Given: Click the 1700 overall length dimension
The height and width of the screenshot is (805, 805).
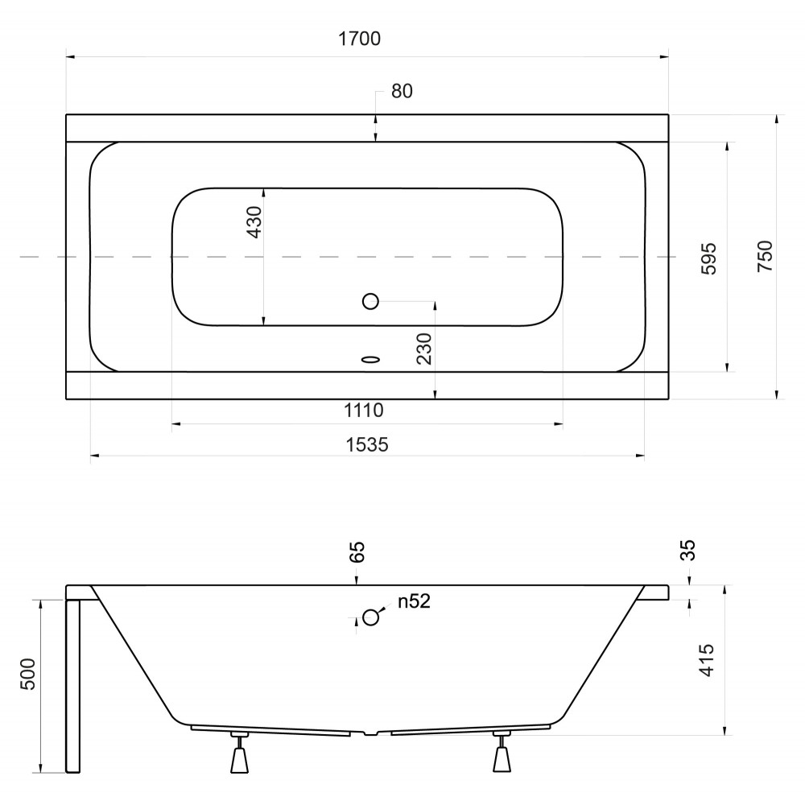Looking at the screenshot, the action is pyautogui.click(x=359, y=39).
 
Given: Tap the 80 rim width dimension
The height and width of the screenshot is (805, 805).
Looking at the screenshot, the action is pyautogui.click(x=402, y=92).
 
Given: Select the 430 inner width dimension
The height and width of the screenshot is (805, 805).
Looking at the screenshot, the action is pyautogui.click(x=254, y=222).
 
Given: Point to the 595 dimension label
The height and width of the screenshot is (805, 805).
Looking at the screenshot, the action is pyautogui.click(x=708, y=258).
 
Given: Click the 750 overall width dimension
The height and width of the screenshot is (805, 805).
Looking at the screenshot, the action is pyautogui.click(x=765, y=256).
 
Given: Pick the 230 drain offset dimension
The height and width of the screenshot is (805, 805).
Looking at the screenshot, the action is pyautogui.click(x=424, y=349).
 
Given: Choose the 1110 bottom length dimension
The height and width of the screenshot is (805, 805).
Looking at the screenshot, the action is pyautogui.click(x=364, y=411).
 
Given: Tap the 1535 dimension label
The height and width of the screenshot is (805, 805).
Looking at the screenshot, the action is pyautogui.click(x=366, y=444).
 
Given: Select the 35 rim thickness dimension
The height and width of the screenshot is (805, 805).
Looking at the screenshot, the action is pyautogui.click(x=687, y=550).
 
